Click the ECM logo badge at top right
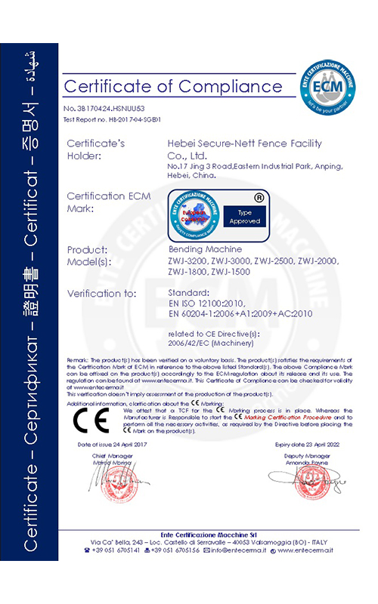(x=329, y=84)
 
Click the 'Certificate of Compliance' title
(x=173, y=85)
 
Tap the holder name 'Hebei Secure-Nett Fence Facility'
(x=243, y=143)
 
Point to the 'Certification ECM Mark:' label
(x=109, y=201)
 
